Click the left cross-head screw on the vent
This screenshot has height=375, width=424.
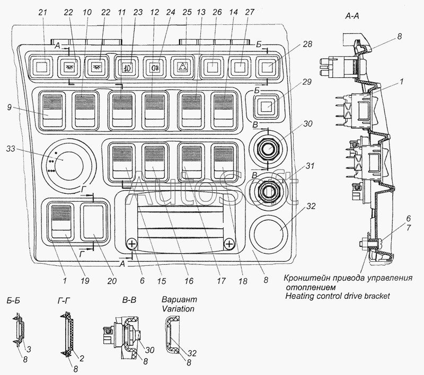pyautogui.click(x=131, y=244)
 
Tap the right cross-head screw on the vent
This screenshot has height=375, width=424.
pyautogui.click(x=229, y=244)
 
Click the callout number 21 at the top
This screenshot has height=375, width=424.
pyautogui.click(x=43, y=12)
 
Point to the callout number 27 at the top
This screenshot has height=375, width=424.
pyautogui.click(x=250, y=12)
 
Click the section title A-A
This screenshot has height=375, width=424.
pyautogui.click(x=352, y=16)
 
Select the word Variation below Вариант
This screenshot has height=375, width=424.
pyautogui.click(x=178, y=309)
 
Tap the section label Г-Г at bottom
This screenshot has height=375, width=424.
pyautogui.click(x=64, y=300)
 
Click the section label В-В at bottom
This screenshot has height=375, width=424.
pyautogui.click(x=129, y=300)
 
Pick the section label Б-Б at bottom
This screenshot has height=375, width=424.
pyautogui.click(x=13, y=300)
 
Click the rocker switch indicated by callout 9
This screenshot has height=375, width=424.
pyautogui.click(x=52, y=110)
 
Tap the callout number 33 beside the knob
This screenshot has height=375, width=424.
pyautogui.click(x=11, y=149)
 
